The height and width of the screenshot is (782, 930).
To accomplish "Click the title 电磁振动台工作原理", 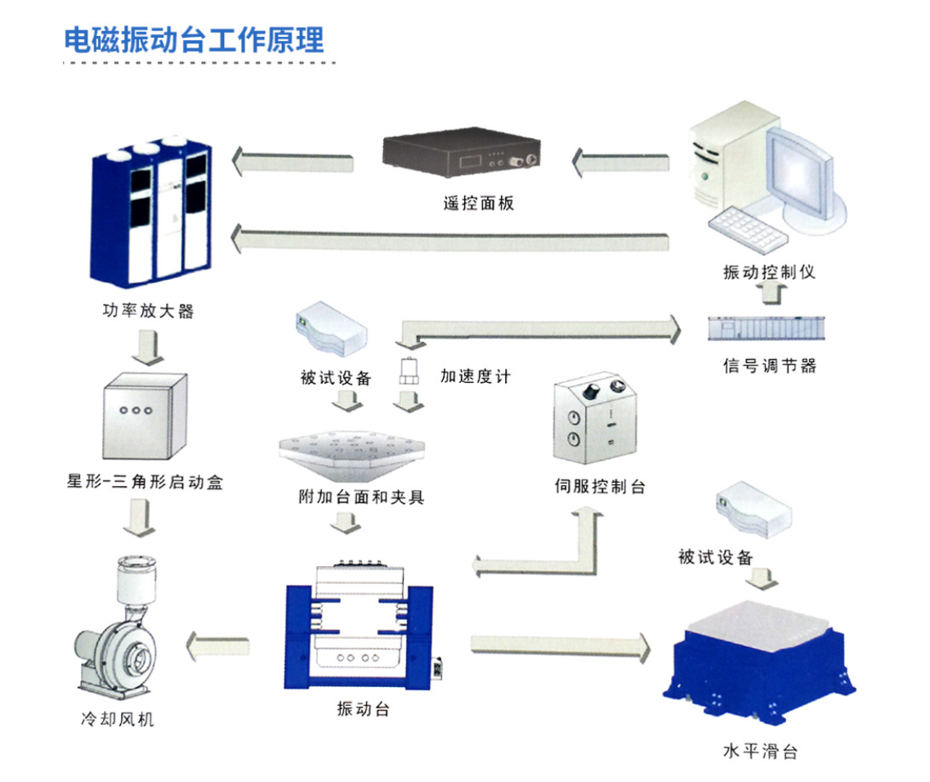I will tap(194, 39).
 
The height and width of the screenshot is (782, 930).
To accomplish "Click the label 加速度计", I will tap(476, 376).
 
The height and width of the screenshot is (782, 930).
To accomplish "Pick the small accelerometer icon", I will tap(409, 373).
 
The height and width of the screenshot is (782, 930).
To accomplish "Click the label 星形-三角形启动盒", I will tap(145, 483).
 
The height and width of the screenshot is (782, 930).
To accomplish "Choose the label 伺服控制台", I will tap(600, 487).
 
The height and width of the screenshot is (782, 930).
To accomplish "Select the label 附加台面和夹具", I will tap(362, 497).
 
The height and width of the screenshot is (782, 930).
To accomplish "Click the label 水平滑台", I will tap(760, 751).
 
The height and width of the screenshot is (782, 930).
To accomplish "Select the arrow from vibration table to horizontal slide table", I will tap(561, 644).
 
